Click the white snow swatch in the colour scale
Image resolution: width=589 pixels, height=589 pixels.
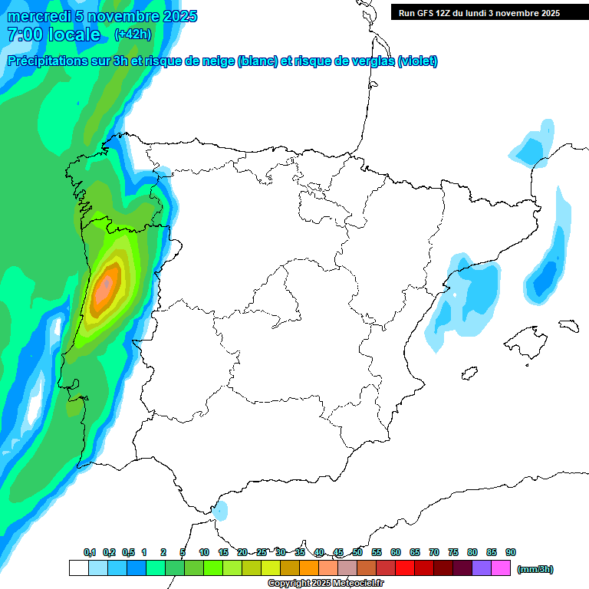point(78,568)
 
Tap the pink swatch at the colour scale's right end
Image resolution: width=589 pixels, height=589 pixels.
point(501,568)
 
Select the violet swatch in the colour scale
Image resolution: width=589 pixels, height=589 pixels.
point(482,568)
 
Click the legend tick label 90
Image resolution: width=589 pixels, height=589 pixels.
point(511,552)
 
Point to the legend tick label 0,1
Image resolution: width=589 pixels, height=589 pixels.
point(90,552)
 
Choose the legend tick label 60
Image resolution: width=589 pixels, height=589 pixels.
point(396,552)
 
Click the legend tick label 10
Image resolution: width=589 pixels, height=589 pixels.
point(204,552)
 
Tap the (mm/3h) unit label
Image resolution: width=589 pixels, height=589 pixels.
point(535,569)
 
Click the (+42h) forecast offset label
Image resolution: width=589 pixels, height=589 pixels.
point(133,35)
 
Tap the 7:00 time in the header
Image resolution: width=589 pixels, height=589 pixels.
point(23,35)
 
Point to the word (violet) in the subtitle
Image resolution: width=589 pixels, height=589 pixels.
point(417,61)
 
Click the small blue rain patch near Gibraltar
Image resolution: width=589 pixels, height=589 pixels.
point(221,510)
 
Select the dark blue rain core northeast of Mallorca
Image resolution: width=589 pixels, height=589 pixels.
point(545,278)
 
